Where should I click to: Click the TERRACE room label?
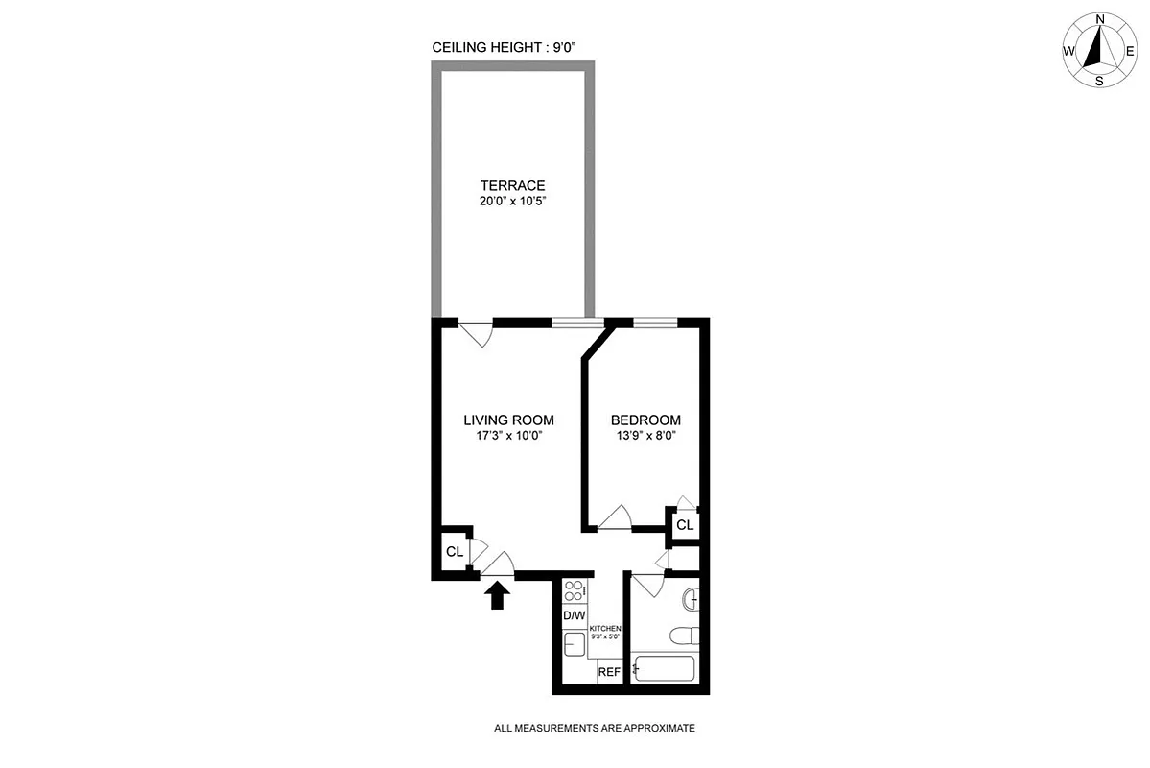click(x=513, y=185)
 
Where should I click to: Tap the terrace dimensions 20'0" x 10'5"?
click(x=513, y=202)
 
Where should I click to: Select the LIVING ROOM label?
click(x=508, y=420)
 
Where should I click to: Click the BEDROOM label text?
click(x=645, y=420)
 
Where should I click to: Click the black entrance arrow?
click(x=496, y=596)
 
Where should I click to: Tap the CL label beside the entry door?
click(x=454, y=552)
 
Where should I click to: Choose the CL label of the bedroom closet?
click(x=685, y=525)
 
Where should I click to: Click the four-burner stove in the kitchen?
click(x=575, y=589)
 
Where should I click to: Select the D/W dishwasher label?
click(x=574, y=615)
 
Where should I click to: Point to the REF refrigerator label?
click(x=609, y=672)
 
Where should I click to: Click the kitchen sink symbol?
click(x=575, y=645)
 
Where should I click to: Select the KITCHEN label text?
click(x=605, y=628)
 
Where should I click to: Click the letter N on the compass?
click(x=1101, y=19)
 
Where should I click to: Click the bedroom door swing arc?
click(x=615, y=516)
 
